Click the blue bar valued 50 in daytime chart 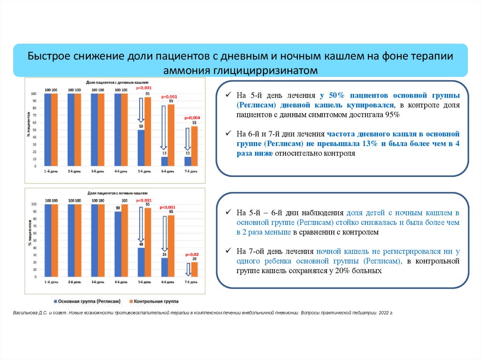pos(140,148)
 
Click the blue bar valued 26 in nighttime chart pos(164,266)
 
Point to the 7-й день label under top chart pos(191,171)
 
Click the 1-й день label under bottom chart pos(51,282)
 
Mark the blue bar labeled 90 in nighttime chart pos(117,244)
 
